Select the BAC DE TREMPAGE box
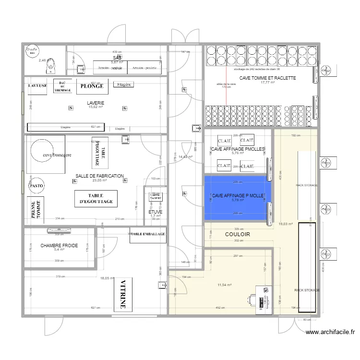[x=62, y=85]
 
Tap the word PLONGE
[x=92, y=86]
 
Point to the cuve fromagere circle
[x=47, y=155]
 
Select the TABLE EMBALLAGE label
[x=148, y=234]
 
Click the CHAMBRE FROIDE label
[x=59, y=245]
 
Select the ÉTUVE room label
[x=155, y=212]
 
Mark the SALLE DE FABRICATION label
[x=100, y=176]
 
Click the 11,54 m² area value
[x=224, y=285]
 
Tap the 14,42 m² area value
[x=185, y=156]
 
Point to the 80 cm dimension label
[x=305, y=320]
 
